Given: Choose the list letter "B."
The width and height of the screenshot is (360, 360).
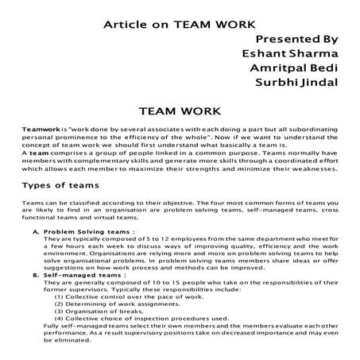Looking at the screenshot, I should click(x=37, y=274).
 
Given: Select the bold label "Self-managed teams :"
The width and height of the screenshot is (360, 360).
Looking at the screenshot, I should click(x=83, y=274).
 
